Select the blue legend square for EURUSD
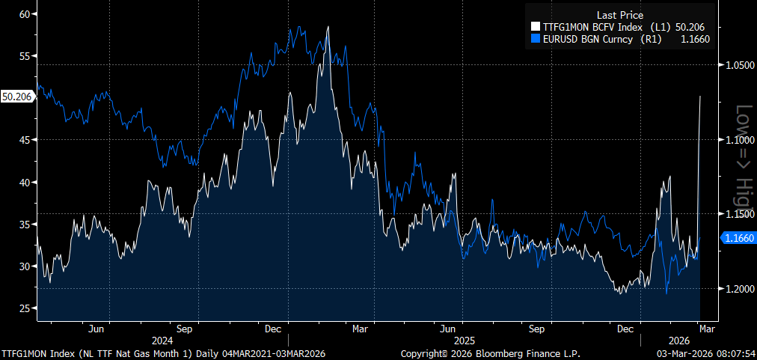coord(535,38)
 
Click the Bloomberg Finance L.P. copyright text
coord(490,353)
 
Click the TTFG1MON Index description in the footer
coord(168,353)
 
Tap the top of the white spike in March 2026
coord(700,97)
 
